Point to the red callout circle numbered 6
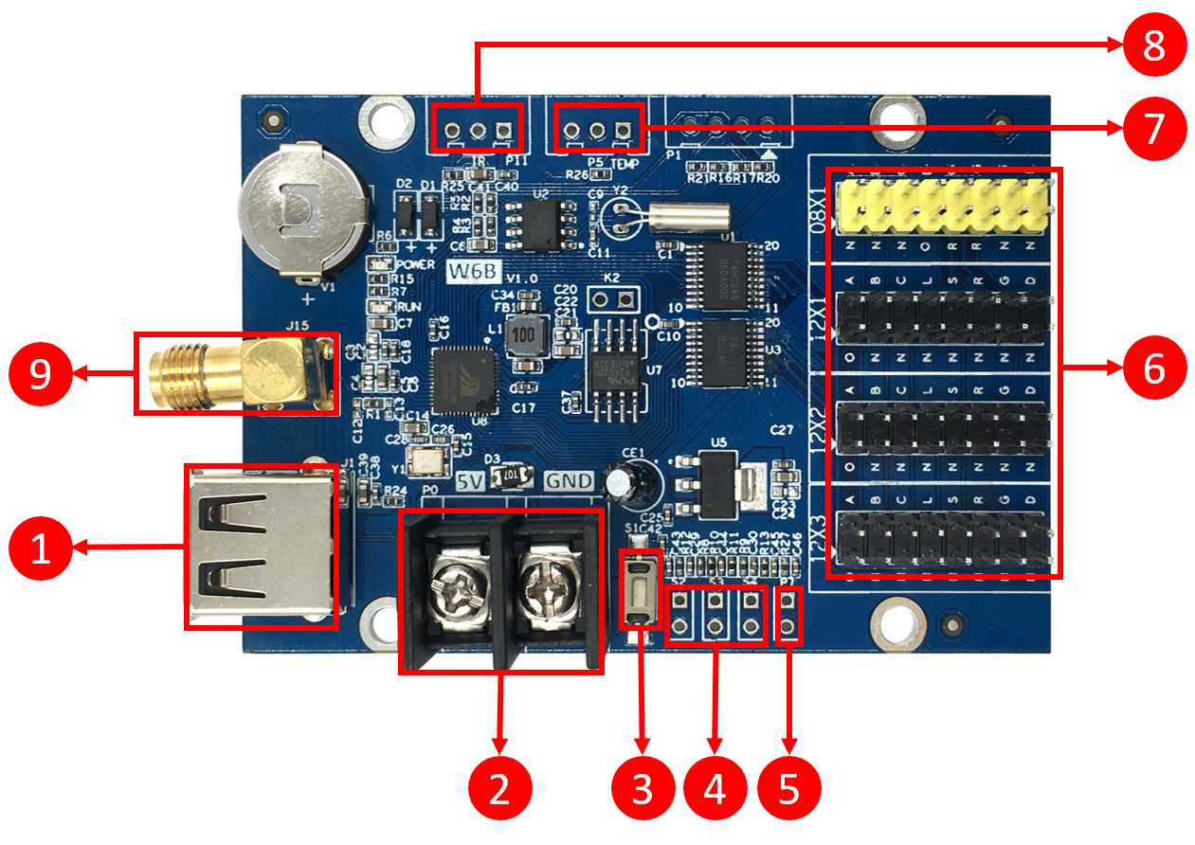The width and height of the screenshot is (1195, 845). pos(1154,369)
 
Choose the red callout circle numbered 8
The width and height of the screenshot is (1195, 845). pos(1154,44)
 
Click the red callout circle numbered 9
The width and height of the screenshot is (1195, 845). pos(41,375)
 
